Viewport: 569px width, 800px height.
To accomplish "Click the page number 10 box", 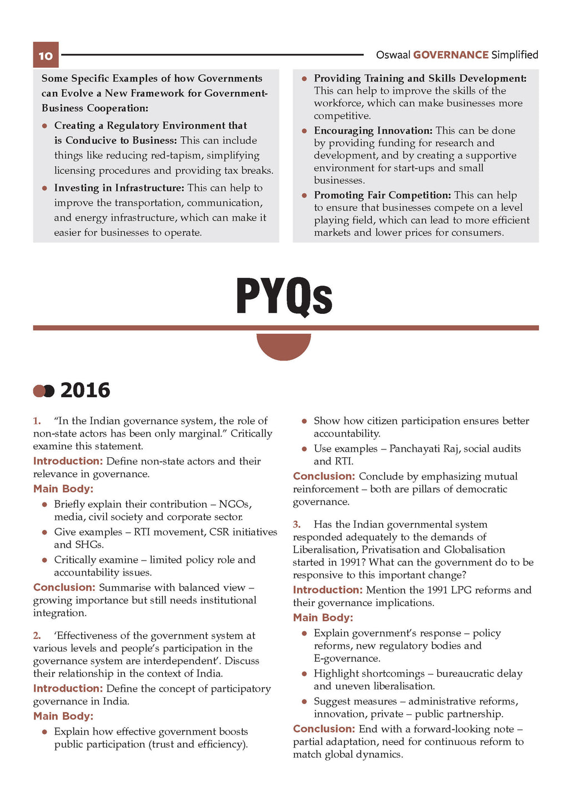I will tap(46, 55).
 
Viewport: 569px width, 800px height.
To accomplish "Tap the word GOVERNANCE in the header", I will tap(451, 55).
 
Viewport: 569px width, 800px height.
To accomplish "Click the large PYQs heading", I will tap(284, 296).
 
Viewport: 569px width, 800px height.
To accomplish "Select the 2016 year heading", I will tap(85, 391).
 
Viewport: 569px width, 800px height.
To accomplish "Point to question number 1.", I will tap(37, 421).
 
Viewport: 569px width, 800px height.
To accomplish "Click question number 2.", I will tap(37, 636).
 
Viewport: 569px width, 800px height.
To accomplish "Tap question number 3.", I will tap(297, 524).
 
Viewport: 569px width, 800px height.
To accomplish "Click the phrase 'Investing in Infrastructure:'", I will tap(119, 188).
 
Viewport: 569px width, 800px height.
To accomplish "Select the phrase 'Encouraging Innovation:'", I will tap(373, 131).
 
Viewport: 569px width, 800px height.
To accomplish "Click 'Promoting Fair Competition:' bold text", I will tap(382, 195).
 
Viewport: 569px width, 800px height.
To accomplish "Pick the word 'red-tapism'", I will tap(227, 156).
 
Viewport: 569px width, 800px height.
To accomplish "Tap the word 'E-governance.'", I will tap(347, 659).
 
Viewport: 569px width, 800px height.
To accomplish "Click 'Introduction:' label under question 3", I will tap(327, 590).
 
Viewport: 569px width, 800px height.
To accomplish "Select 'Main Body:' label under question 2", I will tap(63, 716).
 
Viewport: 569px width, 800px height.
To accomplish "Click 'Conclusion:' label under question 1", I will tap(64, 588).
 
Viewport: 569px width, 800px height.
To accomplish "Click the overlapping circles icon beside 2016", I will tap(43, 391).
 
